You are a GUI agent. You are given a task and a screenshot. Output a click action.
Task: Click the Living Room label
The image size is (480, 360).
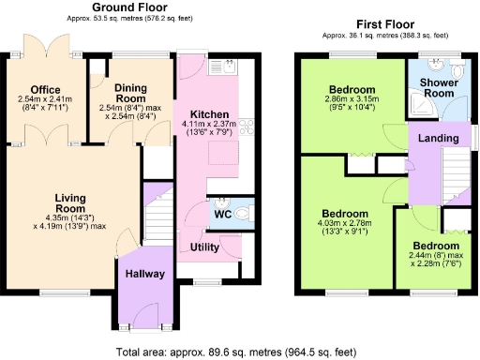(x=70, y=202)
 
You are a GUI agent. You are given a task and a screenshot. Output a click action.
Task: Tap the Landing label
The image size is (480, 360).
(x=438, y=139)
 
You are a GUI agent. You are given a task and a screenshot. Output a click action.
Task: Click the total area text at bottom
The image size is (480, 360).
(x=237, y=352)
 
